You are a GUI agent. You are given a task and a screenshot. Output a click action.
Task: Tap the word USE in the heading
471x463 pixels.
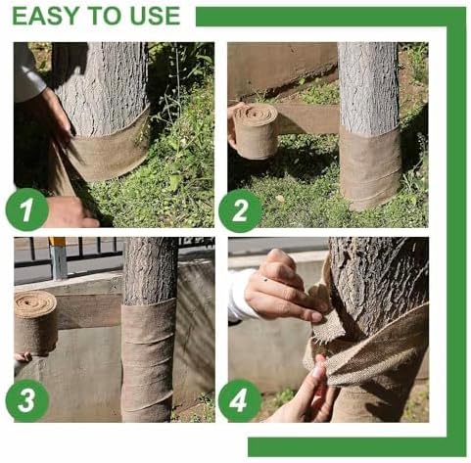point(152,17)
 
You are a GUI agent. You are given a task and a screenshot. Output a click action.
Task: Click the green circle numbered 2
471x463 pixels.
point(240,208)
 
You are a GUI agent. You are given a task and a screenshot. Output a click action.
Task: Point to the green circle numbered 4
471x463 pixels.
point(240,401)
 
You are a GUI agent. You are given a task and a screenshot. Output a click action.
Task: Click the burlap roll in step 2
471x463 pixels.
point(257,130)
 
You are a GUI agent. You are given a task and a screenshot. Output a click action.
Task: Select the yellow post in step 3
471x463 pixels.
point(58,256)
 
